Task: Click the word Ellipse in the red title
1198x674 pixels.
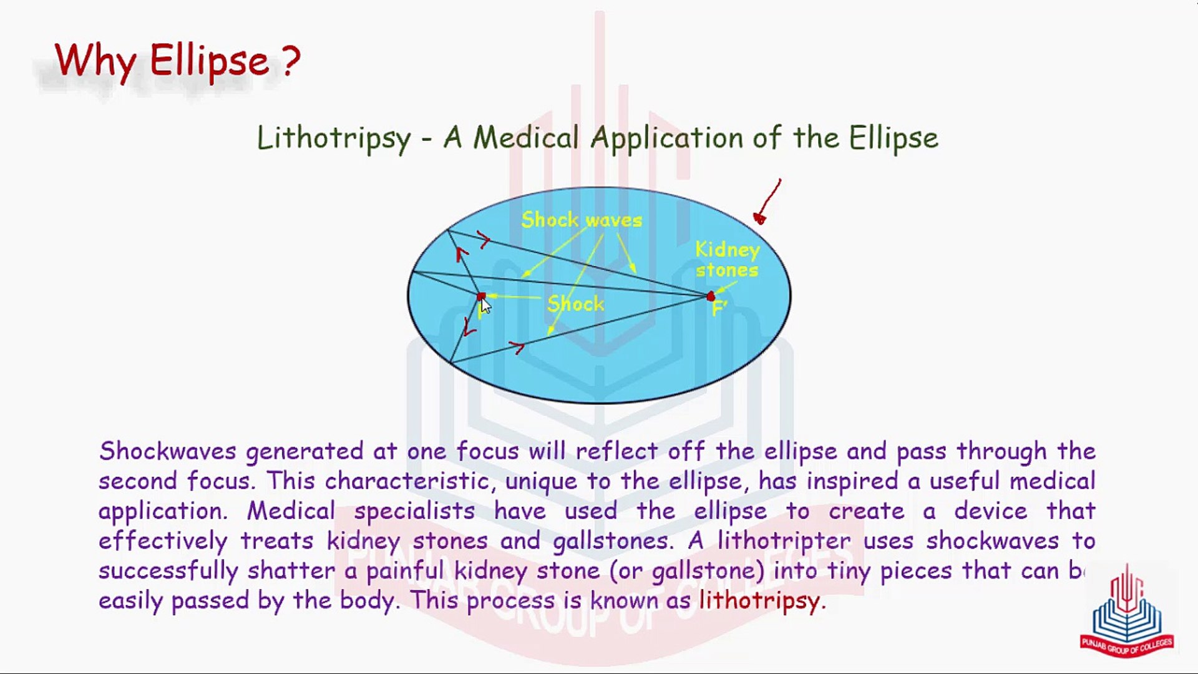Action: (x=209, y=61)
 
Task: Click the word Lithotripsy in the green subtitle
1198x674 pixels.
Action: (x=334, y=138)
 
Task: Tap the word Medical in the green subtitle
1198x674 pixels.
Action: (x=526, y=138)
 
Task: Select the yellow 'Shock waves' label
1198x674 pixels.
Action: (x=582, y=220)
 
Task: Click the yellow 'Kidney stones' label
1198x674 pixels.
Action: (x=728, y=260)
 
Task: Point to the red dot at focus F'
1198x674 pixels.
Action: (x=711, y=296)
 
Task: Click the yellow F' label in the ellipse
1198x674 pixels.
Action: (x=719, y=308)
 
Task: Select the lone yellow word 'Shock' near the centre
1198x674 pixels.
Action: (x=575, y=304)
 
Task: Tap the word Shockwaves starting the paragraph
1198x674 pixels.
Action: (x=167, y=451)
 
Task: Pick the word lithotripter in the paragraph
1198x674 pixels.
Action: (x=784, y=540)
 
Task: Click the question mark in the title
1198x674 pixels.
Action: (x=290, y=61)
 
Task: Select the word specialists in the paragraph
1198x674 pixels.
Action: (x=414, y=511)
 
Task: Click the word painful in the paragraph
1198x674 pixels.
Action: (x=405, y=570)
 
